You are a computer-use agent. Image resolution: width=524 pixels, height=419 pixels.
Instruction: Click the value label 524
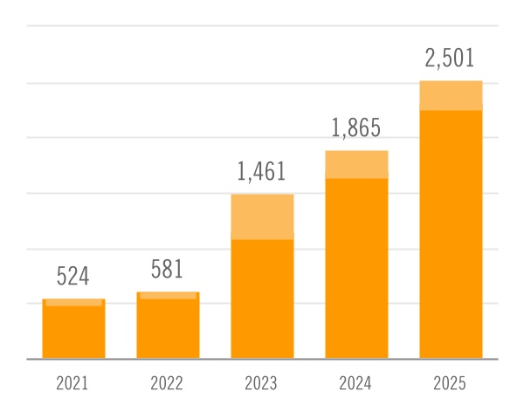(x=73, y=277)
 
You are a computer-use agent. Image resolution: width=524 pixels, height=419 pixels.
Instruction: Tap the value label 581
(x=168, y=269)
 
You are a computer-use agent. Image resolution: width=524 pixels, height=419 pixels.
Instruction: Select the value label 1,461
(x=262, y=172)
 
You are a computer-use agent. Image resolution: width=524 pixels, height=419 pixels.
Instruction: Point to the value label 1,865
(x=356, y=128)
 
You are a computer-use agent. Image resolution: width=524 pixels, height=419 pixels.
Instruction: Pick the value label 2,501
(x=451, y=59)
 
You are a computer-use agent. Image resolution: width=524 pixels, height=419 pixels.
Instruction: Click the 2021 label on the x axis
(x=73, y=383)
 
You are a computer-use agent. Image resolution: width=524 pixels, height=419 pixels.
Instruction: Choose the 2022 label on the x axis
(x=168, y=383)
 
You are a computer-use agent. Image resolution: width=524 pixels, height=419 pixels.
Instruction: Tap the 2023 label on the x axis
(x=262, y=383)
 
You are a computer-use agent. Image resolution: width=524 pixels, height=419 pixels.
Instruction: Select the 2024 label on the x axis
(x=356, y=383)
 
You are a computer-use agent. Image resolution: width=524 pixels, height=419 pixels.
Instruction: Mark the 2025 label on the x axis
(x=451, y=383)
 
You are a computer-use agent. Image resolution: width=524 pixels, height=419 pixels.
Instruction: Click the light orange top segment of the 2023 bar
(x=262, y=216)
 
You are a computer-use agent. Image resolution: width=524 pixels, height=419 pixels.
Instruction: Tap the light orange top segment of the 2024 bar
(x=356, y=164)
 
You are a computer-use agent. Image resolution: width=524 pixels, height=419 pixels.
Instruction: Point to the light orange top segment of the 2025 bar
(x=451, y=95)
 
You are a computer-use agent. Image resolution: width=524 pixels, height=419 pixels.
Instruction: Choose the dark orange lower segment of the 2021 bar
(x=73, y=332)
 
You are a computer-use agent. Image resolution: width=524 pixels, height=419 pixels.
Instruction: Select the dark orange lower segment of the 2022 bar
(x=168, y=328)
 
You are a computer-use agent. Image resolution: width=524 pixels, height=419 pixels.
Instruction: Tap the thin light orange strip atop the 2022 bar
(x=168, y=296)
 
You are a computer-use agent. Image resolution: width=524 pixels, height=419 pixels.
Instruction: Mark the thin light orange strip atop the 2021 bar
(x=73, y=302)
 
